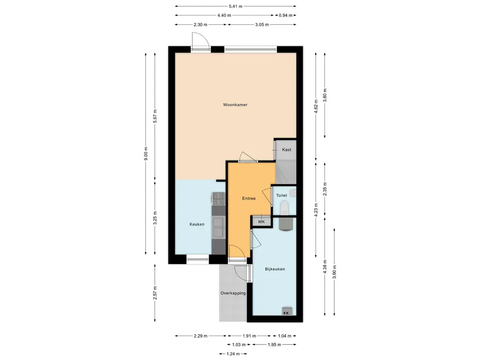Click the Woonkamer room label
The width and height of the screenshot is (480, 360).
(x=235, y=105)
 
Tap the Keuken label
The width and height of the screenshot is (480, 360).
(x=197, y=225)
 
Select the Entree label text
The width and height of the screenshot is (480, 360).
(x=249, y=199)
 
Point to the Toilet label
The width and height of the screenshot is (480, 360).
(x=282, y=195)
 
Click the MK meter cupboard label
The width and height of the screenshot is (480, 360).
(x=262, y=222)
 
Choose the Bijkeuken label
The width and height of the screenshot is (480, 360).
(x=275, y=269)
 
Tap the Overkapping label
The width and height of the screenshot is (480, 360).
(x=233, y=293)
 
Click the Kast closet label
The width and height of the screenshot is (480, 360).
(x=287, y=150)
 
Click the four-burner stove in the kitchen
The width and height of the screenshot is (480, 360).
(x=218, y=199)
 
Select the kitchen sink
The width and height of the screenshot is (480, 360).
(x=218, y=227)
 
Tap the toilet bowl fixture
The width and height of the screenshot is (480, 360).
(x=284, y=207)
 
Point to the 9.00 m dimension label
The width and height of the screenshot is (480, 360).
(x=146, y=154)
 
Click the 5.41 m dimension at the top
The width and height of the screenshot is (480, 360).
(x=235, y=6)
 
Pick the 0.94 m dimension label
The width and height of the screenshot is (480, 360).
(x=285, y=15)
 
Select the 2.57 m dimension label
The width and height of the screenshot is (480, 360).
(x=155, y=293)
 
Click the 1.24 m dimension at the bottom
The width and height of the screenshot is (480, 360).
(x=233, y=354)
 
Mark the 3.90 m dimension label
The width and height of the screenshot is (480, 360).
(x=334, y=272)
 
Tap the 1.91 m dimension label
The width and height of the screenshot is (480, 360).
(x=249, y=336)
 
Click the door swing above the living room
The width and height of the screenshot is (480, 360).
(x=201, y=40)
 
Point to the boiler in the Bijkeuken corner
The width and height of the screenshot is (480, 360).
(x=287, y=311)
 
